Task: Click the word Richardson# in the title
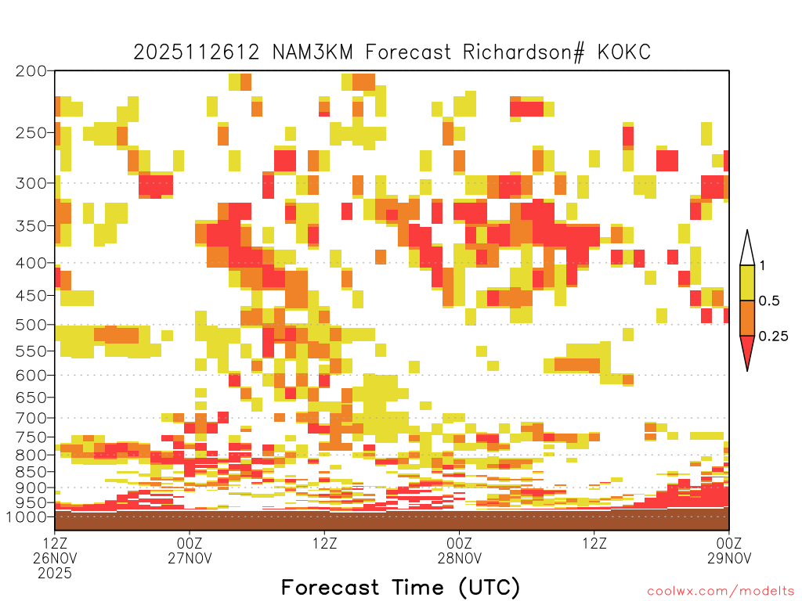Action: coord(523,52)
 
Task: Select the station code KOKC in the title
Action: coord(624,52)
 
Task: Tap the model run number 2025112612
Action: coord(197,52)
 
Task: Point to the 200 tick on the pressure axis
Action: coord(31,71)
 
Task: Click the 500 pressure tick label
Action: coord(31,325)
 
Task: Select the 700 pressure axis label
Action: coord(31,418)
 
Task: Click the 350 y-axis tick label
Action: coord(31,226)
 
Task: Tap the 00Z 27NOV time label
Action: coord(190,550)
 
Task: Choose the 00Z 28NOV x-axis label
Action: coord(459,550)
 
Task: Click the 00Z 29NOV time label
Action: coord(729,550)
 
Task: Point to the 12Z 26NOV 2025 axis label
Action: coord(55,558)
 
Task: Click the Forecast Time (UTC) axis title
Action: coord(400,588)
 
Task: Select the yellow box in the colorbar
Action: coord(747,283)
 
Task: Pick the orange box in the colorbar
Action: coord(747,318)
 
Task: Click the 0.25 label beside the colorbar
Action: coord(773,336)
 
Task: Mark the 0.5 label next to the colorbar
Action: coord(769,300)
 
